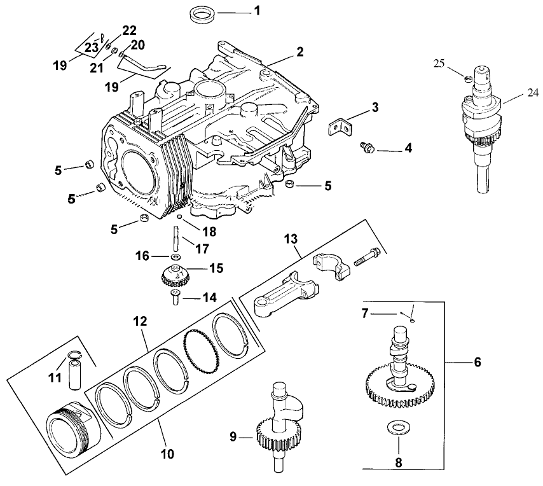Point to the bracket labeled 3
(340, 126)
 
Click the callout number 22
(129, 31)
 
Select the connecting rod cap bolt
(367, 258)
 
